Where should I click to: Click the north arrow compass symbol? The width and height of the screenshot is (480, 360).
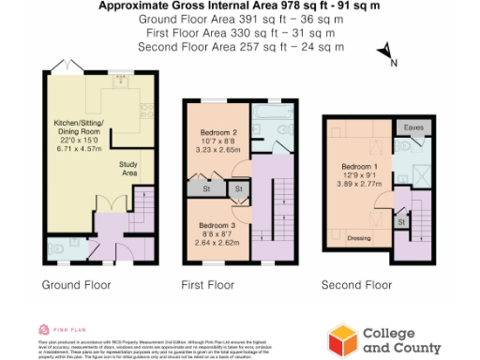click(x=385, y=55)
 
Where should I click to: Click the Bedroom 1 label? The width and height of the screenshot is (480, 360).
click(x=358, y=168)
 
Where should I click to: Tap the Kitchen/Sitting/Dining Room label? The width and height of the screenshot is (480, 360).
click(x=75, y=132)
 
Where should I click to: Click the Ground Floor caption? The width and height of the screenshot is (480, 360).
click(x=77, y=284)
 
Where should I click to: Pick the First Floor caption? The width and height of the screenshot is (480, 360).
click(x=207, y=284)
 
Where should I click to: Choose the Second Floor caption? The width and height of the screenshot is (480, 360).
click(x=357, y=284)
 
